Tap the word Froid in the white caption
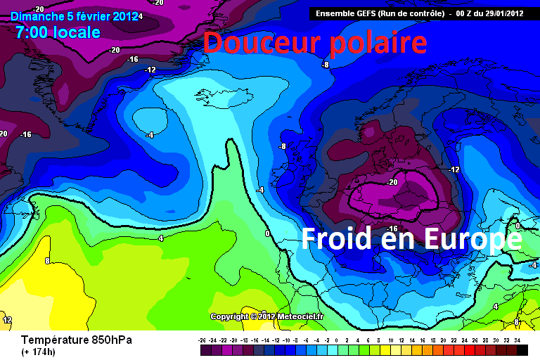pyautogui.click(x=336, y=239)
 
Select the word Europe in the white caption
pyautogui.click(x=472, y=239)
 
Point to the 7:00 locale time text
pyautogui.click(x=58, y=32)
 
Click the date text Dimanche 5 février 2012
pyautogui.click(x=75, y=15)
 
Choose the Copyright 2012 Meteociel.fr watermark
pyautogui.click(x=266, y=316)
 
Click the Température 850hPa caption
pyautogui.click(x=77, y=340)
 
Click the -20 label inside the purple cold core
pyautogui.click(x=392, y=181)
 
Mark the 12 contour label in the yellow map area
pyautogui.click(x=7, y=320)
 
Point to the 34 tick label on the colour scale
pyautogui.click(x=517, y=340)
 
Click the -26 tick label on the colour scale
pyautogui.click(x=202, y=340)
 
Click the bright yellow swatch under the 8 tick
pyautogui.click(x=380, y=349)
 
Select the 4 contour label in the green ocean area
pyautogui.click(x=161, y=238)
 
